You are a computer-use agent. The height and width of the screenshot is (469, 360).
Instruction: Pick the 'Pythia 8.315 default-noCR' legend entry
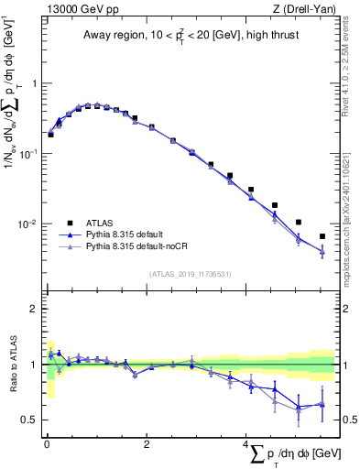click(x=140, y=248)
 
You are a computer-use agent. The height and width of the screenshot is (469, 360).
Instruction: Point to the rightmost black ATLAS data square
click(x=322, y=236)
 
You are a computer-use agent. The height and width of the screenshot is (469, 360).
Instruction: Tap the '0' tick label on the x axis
click(x=46, y=445)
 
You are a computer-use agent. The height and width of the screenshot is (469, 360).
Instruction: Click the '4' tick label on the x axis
click(x=246, y=445)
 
